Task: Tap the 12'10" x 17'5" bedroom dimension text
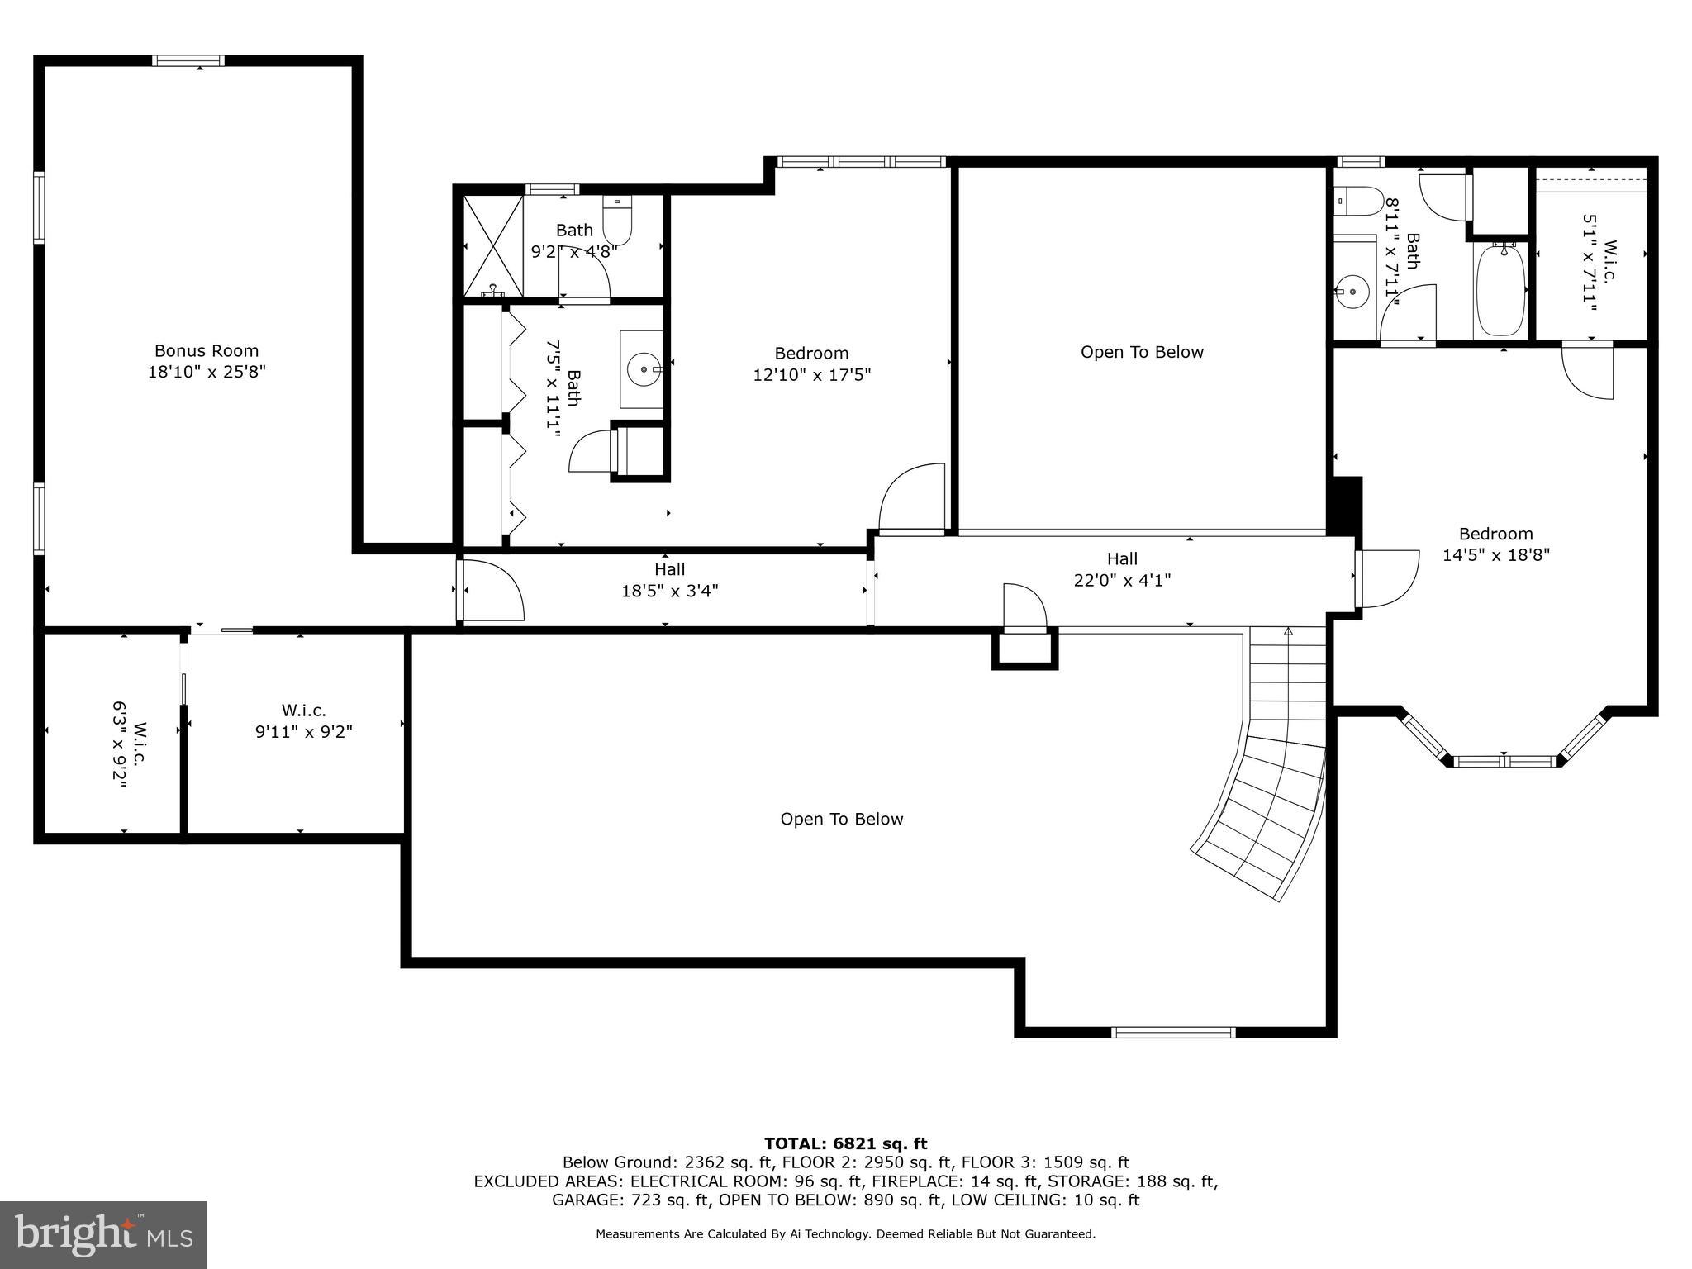pyautogui.click(x=811, y=375)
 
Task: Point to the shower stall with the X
pyautogui.click(x=493, y=245)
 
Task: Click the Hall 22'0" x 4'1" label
pyautogui.click(x=1122, y=570)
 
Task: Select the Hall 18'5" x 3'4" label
pyautogui.click(x=669, y=580)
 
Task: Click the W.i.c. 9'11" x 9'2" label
pyautogui.click(x=303, y=721)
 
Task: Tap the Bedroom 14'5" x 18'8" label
pyautogui.click(x=1495, y=544)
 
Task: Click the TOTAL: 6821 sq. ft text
pyautogui.click(x=845, y=1143)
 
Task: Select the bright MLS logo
pyautogui.click(x=103, y=1234)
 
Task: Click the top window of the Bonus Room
pyautogui.click(x=188, y=60)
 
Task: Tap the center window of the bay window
pyautogui.click(x=1504, y=761)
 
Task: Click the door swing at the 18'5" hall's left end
pyautogui.click(x=494, y=590)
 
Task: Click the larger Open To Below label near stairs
pyautogui.click(x=841, y=819)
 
